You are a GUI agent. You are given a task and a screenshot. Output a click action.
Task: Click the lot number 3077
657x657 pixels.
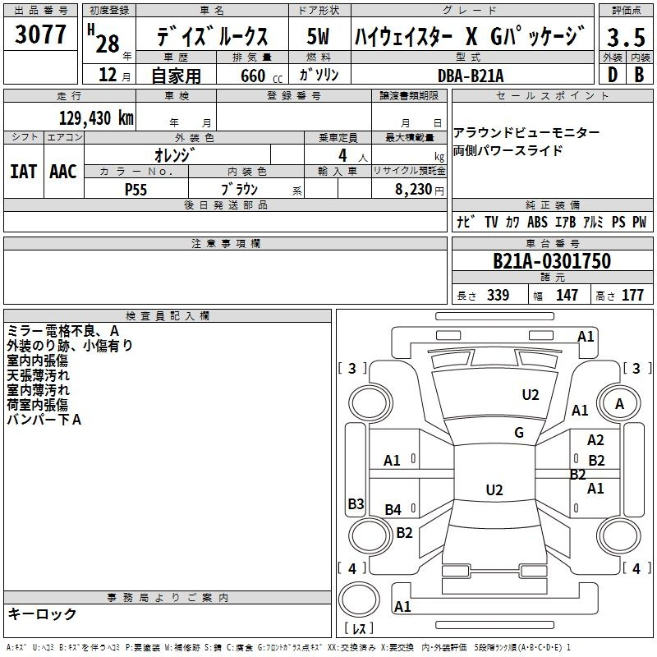click(41, 35)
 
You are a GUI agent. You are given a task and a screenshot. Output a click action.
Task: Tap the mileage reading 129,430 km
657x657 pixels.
click(96, 117)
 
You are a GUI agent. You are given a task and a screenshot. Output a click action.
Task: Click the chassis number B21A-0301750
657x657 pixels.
click(552, 261)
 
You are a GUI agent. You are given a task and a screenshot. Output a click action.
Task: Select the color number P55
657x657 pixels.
click(136, 189)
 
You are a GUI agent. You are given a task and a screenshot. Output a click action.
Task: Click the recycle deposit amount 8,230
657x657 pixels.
click(413, 189)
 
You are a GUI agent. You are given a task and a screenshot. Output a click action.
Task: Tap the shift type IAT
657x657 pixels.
click(23, 171)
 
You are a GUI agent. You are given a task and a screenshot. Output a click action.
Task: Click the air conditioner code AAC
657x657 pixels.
click(63, 171)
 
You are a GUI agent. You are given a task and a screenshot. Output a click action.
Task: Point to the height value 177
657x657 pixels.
click(632, 296)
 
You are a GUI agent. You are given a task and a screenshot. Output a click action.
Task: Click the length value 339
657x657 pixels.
click(498, 296)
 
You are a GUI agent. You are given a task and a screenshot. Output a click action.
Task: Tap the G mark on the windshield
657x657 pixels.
click(519, 433)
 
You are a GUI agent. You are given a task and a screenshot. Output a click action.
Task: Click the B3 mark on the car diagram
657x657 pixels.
click(356, 504)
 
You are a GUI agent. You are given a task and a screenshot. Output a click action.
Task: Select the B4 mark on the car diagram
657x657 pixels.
click(393, 510)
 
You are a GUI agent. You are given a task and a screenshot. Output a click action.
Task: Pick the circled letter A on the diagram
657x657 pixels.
click(619, 403)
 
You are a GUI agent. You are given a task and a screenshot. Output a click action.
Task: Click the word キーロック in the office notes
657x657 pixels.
click(43, 613)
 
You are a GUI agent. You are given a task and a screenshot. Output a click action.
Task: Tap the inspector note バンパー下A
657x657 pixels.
click(44, 420)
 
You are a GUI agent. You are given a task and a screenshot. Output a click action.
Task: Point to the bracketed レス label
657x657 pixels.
click(359, 629)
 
